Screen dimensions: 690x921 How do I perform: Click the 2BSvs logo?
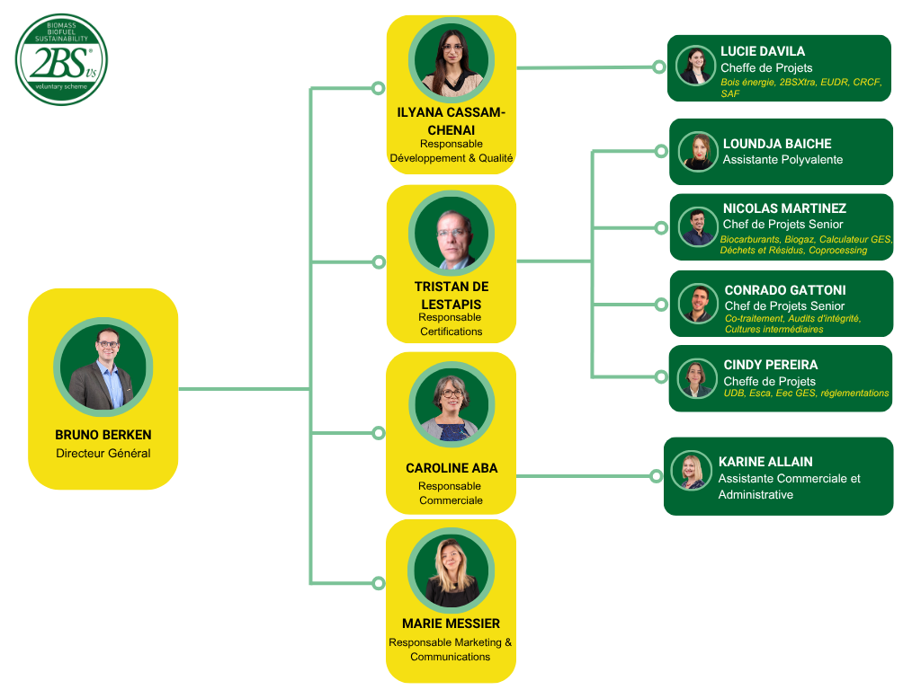(x=61, y=59)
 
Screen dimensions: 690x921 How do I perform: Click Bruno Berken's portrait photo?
(x=103, y=367)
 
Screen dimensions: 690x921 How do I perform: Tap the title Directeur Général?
(x=103, y=454)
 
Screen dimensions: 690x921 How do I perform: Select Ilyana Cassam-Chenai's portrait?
(x=451, y=60)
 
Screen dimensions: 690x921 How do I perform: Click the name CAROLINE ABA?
(x=451, y=468)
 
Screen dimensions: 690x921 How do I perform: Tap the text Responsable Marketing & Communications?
(x=451, y=650)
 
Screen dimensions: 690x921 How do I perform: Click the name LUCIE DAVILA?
(x=763, y=51)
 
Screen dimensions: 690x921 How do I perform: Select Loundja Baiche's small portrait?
(x=698, y=152)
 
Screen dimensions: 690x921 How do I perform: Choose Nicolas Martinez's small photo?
(x=698, y=226)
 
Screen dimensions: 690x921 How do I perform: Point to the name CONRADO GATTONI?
(x=784, y=290)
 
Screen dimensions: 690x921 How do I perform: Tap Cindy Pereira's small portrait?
(x=697, y=378)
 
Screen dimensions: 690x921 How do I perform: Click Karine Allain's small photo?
(x=692, y=471)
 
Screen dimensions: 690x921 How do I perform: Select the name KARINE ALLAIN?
(x=765, y=462)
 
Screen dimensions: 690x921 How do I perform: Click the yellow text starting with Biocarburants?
(x=806, y=245)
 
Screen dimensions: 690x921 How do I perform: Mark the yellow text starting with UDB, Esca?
(x=806, y=394)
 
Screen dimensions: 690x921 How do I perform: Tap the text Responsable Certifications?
(x=451, y=324)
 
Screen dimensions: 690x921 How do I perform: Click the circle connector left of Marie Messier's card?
(x=379, y=584)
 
